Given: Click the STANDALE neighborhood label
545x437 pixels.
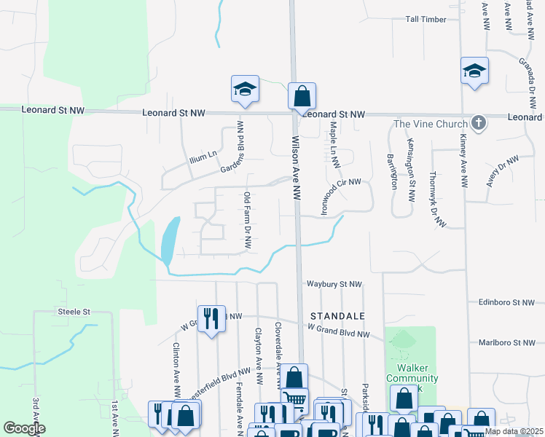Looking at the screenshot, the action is tap(336, 316).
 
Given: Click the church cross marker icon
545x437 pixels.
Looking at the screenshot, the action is tap(478, 122).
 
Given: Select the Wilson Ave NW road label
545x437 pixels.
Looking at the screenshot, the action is tap(297, 167).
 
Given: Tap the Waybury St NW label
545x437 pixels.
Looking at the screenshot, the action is tap(334, 284).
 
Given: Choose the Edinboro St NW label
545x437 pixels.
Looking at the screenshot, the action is tap(507, 302).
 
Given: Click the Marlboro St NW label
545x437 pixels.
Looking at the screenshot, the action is tap(507, 342).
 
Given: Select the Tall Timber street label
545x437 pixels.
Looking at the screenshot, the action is tap(427, 19).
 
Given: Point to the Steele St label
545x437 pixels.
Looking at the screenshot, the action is tap(73, 312).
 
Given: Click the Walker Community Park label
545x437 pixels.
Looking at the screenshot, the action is tap(412, 379).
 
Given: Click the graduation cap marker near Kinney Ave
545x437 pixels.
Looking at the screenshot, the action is tap(474, 71).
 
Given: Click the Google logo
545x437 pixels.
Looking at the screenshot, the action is tap(24, 428).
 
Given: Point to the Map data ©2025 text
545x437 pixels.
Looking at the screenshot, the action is tap(514, 432).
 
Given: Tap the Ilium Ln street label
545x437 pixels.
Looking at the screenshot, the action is tap(203, 154).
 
